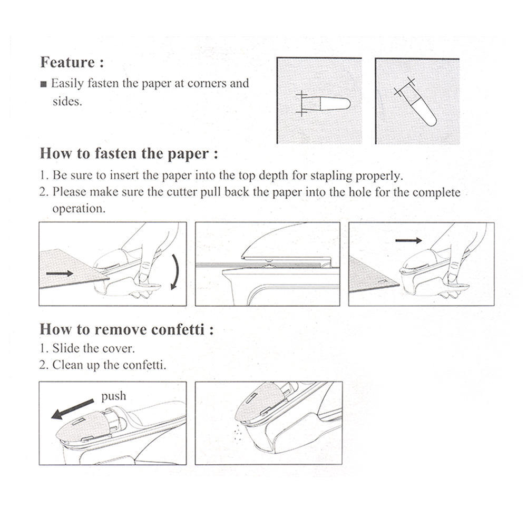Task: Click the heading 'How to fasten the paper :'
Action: [129, 154]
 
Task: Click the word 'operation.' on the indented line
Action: [79, 208]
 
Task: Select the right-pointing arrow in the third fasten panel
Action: [408, 240]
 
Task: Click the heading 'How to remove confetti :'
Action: [126, 330]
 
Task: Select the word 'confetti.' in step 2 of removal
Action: [144, 365]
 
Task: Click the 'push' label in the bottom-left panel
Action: [113, 396]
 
